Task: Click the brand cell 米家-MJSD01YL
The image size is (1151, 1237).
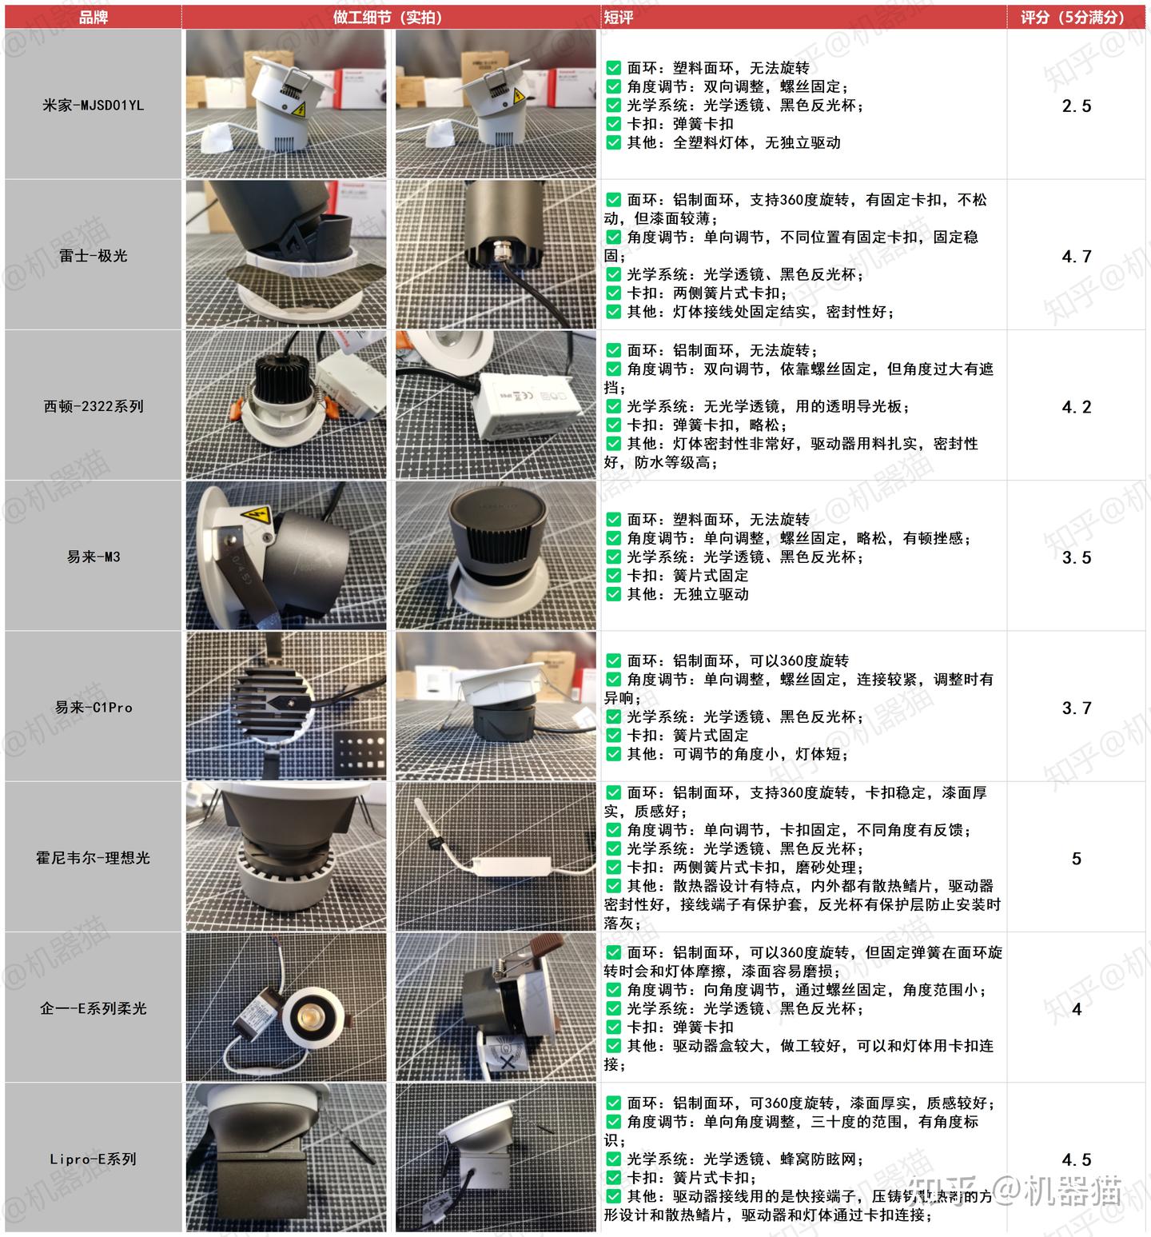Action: (x=94, y=106)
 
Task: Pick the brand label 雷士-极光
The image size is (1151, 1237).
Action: (x=94, y=256)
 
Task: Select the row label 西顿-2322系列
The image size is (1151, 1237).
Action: (x=94, y=406)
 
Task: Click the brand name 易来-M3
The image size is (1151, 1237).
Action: (x=94, y=557)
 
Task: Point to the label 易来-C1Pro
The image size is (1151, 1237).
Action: (x=94, y=708)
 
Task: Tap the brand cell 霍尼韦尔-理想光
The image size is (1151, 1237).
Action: (x=94, y=858)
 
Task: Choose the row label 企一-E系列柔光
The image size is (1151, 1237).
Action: (x=94, y=1008)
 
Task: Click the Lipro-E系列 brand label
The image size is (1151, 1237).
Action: (x=94, y=1159)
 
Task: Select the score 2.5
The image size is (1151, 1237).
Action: (x=1076, y=106)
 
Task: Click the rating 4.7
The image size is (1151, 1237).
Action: (x=1076, y=257)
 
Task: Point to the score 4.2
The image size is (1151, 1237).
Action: (x=1076, y=407)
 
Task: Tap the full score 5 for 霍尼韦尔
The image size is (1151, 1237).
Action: (x=1076, y=859)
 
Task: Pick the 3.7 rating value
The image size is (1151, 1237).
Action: (x=1076, y=708)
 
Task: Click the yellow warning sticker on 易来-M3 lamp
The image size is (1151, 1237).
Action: (x=255, y=516)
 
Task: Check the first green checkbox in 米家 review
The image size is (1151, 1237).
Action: (x=613, y=68)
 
